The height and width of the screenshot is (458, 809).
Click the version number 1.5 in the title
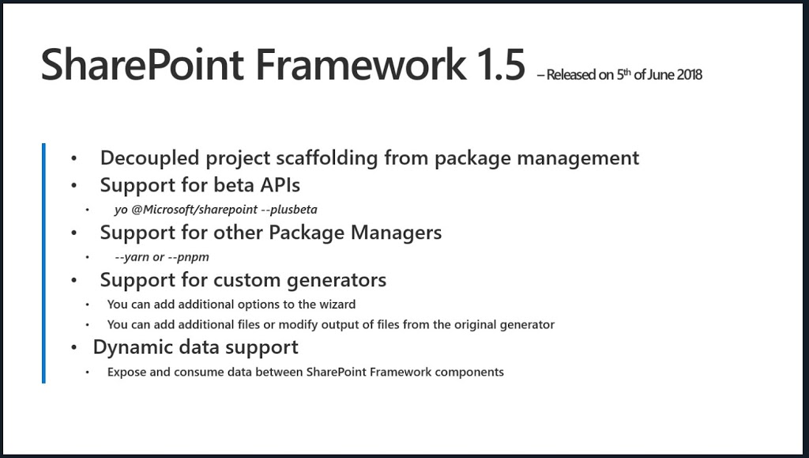[x=500, y=65]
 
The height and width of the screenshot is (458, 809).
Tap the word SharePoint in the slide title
[x=142, y=65]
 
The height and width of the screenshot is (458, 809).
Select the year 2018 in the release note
[x=689, y=75]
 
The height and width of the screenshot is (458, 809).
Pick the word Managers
[x=396, y=233]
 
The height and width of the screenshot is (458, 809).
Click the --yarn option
[x=132, y=257]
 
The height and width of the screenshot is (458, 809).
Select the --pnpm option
[x=188, y=257]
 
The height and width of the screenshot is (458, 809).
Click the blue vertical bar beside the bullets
[x=44, y=263]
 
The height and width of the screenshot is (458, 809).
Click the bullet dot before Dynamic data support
[x=74, y=348]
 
